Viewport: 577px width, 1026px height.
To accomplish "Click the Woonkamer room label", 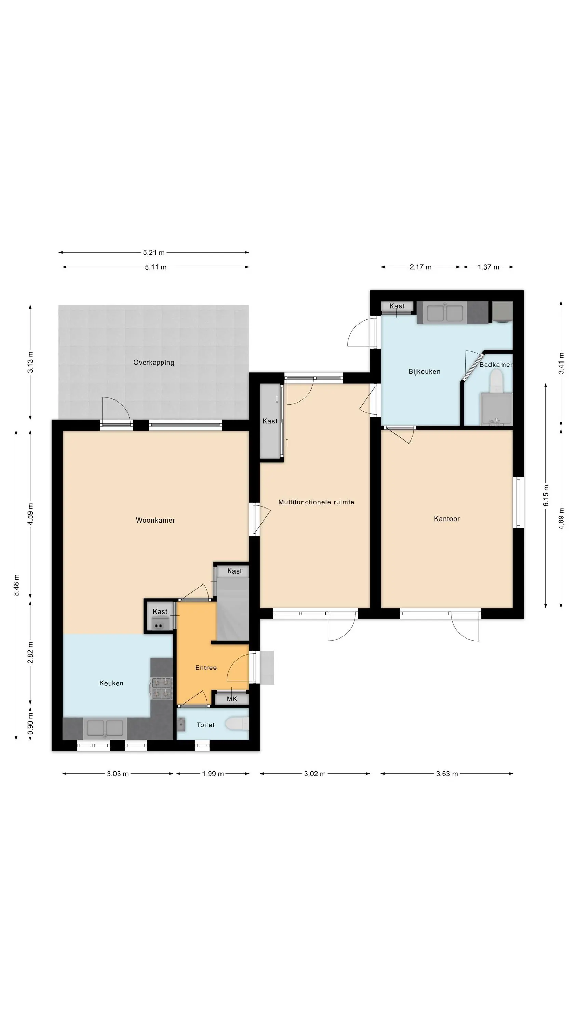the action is click(x=155, y=520).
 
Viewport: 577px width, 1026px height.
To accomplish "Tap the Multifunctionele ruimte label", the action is click(x=316, y=502).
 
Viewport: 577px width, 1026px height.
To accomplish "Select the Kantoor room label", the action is click(x=447, y=519).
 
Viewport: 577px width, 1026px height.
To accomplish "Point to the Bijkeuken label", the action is click(x=425, y=372).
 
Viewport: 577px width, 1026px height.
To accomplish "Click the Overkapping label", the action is click(x=154, y=363).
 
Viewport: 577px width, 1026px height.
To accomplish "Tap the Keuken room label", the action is click(x=111, y=683).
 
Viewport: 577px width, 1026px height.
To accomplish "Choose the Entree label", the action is click(x=206, y=668).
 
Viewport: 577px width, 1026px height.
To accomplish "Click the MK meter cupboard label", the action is click(x=232, y=699).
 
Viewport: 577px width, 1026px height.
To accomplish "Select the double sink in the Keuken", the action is click(x=105, y=728).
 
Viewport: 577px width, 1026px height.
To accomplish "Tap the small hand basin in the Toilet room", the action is click(x=181, y=724).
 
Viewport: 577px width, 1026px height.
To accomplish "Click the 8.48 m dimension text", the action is click(x=16, y=586).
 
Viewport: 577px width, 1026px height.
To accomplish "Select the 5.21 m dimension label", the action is click(x=154, y=252).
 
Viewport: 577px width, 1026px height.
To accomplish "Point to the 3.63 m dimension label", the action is click(x=447, y=774).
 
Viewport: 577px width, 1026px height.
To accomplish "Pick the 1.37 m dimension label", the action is click(x=488, y=267).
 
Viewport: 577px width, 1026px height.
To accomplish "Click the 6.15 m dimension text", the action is click(x=546, y=496).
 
